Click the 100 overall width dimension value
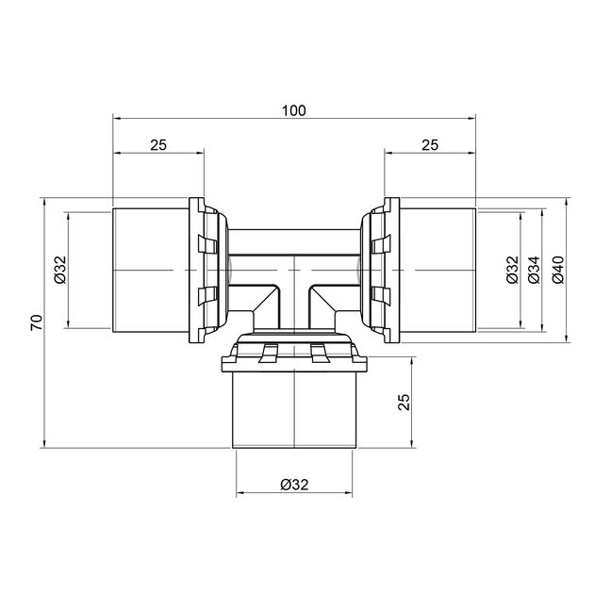(293, 110)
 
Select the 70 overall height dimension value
(37, 322)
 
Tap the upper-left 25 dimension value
(158, 144)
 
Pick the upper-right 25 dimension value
(430, 144)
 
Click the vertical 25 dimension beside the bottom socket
(404, 402)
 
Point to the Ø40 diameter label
(558, 270)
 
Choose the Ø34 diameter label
(534, 270)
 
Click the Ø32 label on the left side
(60, 270)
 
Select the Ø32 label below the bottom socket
(295, 484)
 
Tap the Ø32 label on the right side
(512, 270)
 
